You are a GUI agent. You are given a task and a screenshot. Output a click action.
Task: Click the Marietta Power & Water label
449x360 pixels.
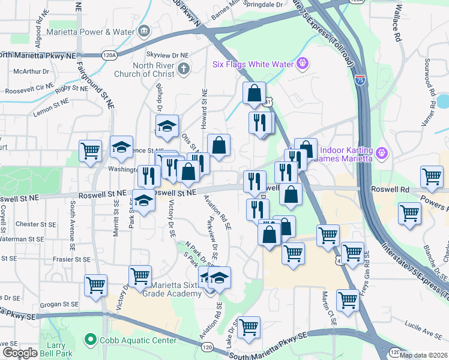click(98, 31)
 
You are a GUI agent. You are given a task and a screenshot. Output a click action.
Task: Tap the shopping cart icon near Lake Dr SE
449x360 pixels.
click(249, 328)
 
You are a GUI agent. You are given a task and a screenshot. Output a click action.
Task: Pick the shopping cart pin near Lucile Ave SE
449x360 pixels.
click(348, 301)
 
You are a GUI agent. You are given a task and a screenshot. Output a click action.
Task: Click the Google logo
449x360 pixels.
click(20, 352)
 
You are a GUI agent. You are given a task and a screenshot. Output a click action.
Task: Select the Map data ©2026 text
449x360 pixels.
click(423, 355)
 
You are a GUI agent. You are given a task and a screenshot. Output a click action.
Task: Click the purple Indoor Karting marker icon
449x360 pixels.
click(381, 155)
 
